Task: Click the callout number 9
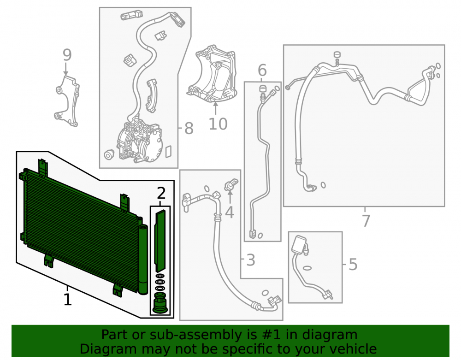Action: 67,55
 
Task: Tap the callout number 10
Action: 218,124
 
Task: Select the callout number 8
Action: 189,128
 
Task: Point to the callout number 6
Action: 262,70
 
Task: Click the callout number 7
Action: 366,221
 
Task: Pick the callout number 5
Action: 353,264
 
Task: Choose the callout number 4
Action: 230,212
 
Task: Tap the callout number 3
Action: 250,260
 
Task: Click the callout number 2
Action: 161,194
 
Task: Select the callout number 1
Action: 68,300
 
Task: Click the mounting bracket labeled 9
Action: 67,101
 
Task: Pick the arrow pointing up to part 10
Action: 216,108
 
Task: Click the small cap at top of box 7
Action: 337,55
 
